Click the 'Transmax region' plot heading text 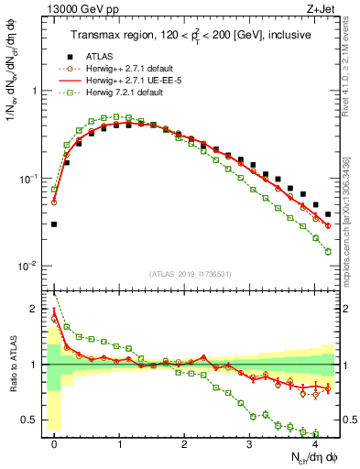pyautogui.click(x=192, y=35)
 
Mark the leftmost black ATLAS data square pyautogui.click(x=54, y=224)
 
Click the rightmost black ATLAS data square pyautogui.click(x=328, y=214)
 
